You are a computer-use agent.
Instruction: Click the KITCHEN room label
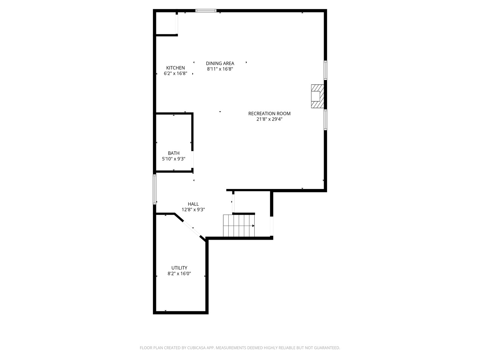point(175,68)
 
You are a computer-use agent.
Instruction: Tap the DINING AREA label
point(220,63)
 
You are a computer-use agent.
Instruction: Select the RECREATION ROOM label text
point(269,114)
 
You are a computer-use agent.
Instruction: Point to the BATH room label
point(174,153)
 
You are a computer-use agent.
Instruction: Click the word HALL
point(193,204)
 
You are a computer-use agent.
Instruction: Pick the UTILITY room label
point(179,268)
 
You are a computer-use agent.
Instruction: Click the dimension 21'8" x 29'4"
point(269,119)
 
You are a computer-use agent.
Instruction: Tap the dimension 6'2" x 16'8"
point(175,74)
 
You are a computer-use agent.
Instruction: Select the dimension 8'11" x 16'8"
point(220,69)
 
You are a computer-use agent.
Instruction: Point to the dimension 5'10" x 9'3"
point(174,159)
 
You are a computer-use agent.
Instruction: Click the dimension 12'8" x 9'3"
point(193,210)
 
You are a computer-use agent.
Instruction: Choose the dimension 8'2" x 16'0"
point(179,274)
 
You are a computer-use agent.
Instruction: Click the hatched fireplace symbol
point(317,96)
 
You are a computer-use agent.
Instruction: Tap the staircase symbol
point(238,226)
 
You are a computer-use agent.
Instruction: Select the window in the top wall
point(206,11)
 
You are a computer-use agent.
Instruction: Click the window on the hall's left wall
point(155,189)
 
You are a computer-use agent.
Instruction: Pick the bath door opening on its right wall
point(192,159)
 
